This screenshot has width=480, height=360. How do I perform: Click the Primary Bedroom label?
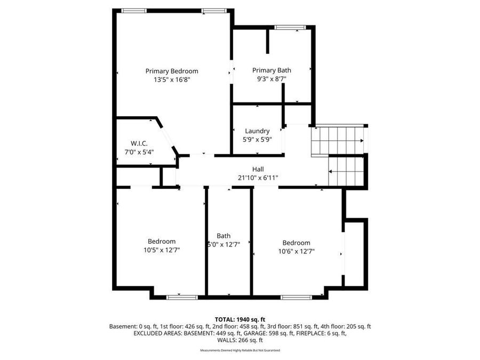tap(172, 71)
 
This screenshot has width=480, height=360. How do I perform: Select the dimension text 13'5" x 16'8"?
tap(172, 79)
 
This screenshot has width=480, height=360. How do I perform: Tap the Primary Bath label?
tap(271, 70)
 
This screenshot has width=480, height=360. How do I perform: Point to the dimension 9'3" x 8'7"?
tap(271, 79)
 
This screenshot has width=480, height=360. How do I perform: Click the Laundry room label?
tap(257, 131)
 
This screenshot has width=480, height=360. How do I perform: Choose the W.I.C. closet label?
tap(139, 143)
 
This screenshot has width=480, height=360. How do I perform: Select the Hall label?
tap(258, 169)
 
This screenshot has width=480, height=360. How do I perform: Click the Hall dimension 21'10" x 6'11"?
tap(258, 178)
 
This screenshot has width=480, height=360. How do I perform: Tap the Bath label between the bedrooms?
tap(223, 236)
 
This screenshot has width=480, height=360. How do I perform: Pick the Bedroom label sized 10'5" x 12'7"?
tap(162, 242)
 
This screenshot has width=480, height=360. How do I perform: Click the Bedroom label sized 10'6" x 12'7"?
tap(296, 243)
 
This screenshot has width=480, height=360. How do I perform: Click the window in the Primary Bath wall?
tap(290, 27)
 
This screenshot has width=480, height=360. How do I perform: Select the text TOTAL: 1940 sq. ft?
tap(240, 319)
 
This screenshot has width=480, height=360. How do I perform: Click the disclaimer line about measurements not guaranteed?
tap(240, 350)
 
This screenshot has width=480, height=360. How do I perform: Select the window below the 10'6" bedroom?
tap(297, 297)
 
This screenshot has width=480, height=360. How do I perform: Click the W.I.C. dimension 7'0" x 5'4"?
tap(139, 152)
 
